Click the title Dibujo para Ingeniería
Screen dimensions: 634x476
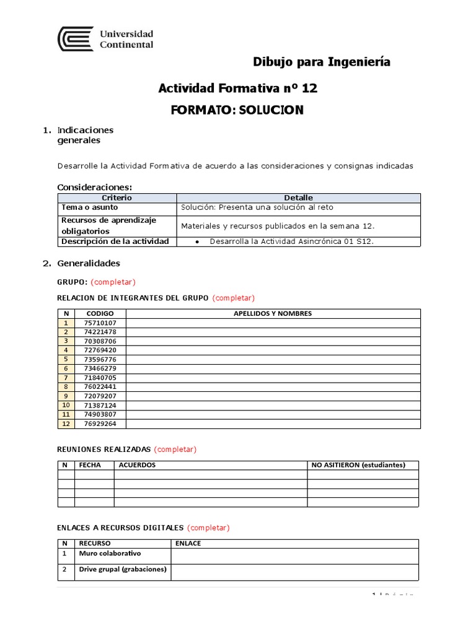tap(322, 62)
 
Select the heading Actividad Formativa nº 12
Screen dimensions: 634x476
tap(238, 89)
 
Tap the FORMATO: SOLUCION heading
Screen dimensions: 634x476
tap(237, 110)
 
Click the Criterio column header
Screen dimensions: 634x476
tap(117, 198)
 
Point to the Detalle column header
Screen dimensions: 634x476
tap(298, 198)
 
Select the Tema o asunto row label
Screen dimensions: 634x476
tap(84, 207)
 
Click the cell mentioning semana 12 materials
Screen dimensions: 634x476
tap(278, 226)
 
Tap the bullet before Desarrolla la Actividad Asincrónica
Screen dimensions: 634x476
tap(196, 241)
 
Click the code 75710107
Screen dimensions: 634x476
tap(100, 323)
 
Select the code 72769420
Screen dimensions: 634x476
tap(100, 350)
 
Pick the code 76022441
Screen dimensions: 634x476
tap(100, 386)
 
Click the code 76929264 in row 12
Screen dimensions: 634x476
tap(100, 423)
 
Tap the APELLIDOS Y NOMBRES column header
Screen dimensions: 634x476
tap(272, 313)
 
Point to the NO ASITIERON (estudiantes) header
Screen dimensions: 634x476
tap(358, 465)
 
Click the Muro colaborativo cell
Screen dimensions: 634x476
tap(110, 553)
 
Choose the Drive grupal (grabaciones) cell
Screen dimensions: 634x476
tap(123, 570)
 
